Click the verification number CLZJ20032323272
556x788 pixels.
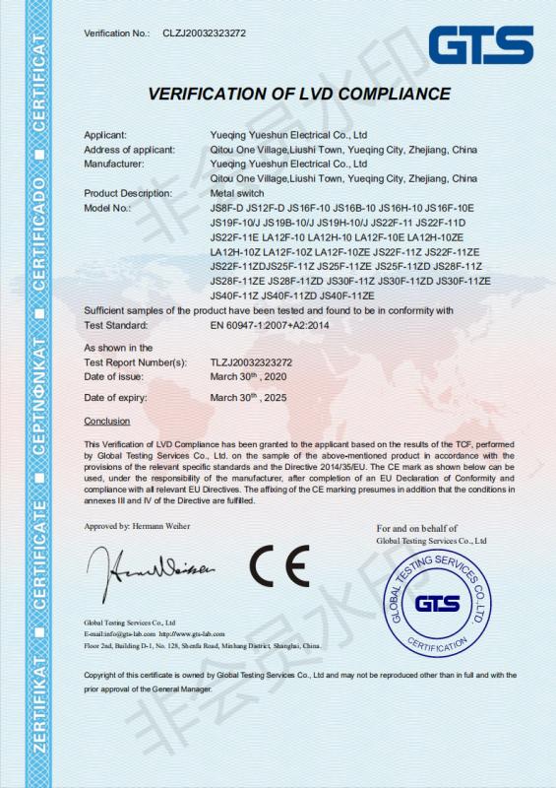pos(205,33)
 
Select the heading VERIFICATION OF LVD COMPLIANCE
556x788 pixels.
pos(299,95)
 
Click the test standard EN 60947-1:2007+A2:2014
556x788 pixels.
pos(272,323)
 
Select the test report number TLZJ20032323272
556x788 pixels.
pos(251,362)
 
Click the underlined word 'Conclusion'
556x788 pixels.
pos(107,421)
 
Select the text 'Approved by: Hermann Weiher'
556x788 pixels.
pos(137,527)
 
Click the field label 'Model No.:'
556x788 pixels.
pos(107,208)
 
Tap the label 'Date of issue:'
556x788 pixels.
pos(116,377)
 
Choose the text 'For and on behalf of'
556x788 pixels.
pos(417,529)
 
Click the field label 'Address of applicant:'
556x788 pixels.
pos(131,149)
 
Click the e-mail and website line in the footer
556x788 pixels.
pos(154,633)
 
